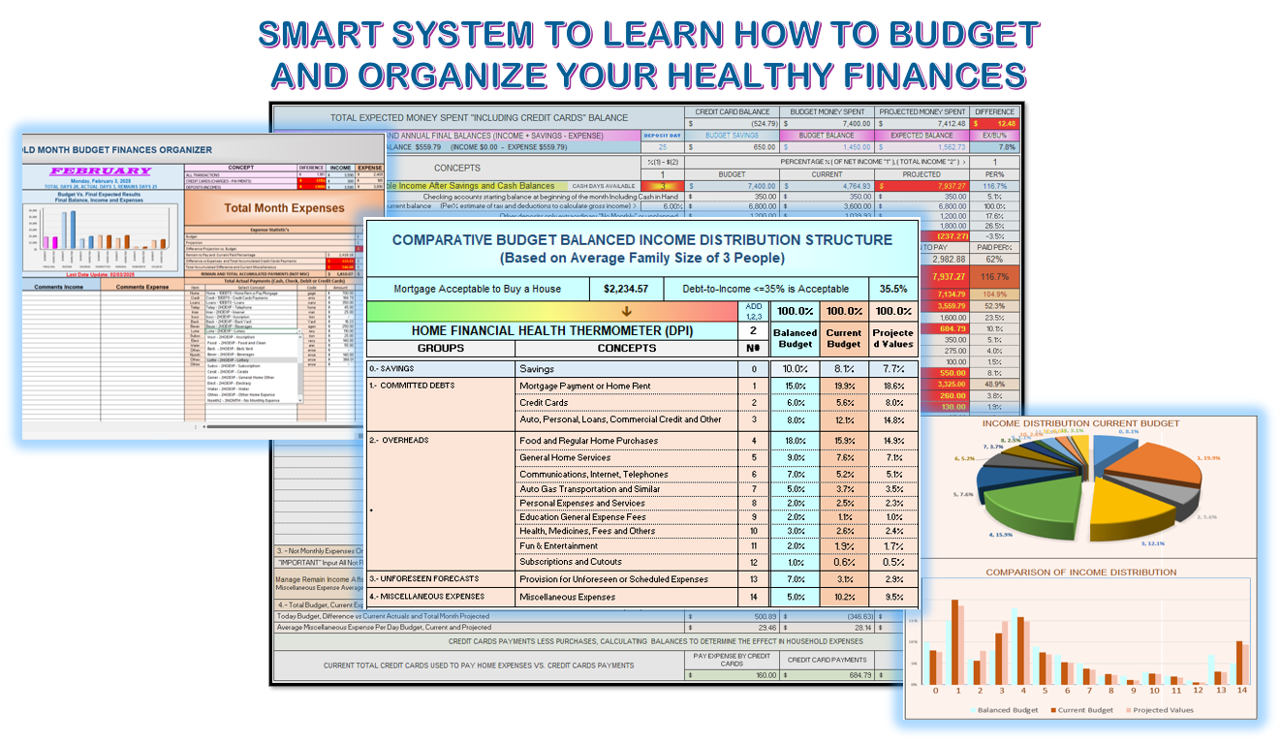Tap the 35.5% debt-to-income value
[892, 289]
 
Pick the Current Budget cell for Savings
[843, 369]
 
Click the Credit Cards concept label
[544, 402]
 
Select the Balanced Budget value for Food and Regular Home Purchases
[795, 442]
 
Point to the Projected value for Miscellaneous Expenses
[892, 597]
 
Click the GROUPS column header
[440, 348]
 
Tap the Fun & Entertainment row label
[559, 546]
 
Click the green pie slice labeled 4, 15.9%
[1043, 496]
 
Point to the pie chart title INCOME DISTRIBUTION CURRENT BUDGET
[1080, 423]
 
